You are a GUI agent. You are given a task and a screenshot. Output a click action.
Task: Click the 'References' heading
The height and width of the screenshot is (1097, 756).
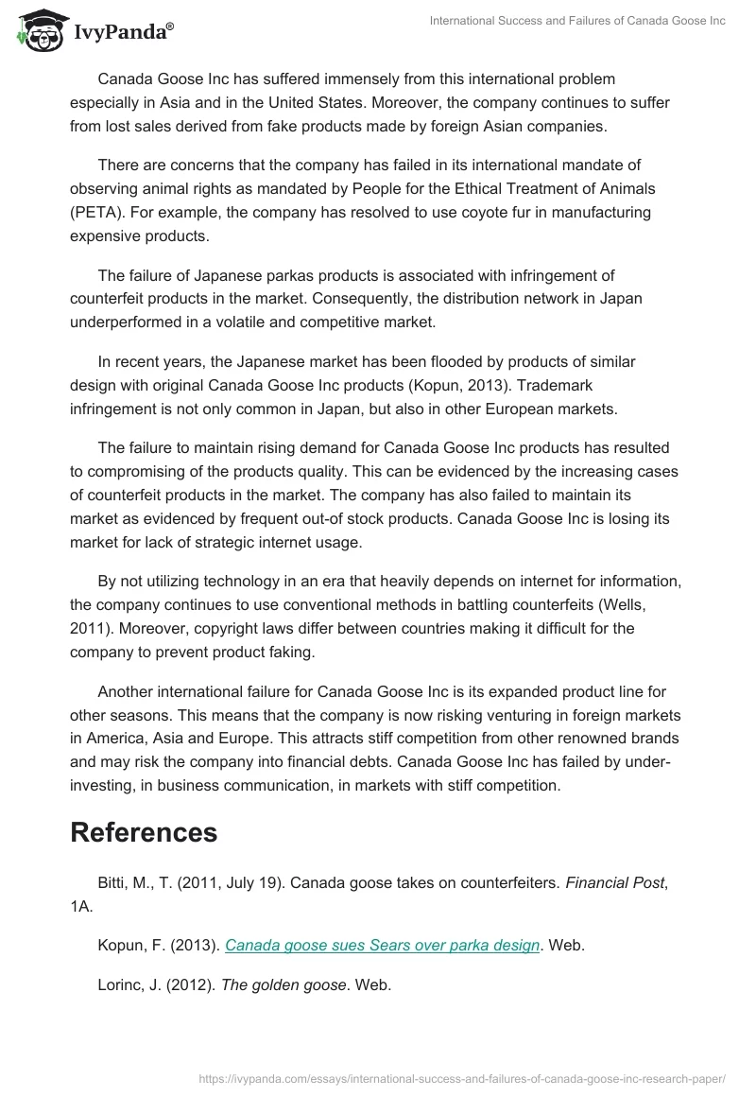pos(144,832)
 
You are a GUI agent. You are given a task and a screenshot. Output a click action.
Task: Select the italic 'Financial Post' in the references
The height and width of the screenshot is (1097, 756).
pos(610,881)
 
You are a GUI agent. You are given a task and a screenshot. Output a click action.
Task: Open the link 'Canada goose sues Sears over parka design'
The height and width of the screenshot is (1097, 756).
pos(383,945)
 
